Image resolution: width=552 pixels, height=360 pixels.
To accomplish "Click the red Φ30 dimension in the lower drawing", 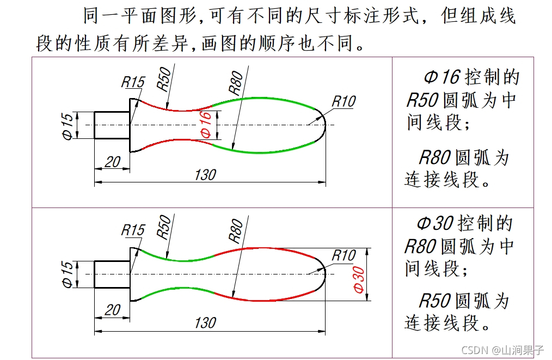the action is (x=359, y=279).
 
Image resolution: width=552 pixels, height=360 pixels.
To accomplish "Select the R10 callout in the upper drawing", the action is (x=344, y=101).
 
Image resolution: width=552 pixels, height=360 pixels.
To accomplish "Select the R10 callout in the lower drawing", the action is (x=344, y=255).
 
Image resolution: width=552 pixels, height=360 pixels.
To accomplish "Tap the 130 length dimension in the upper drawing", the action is (x=205, y=175).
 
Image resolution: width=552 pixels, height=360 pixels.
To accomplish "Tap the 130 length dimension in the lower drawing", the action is (x=205, y=322).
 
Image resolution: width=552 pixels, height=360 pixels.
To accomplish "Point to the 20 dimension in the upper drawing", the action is (x=112, y=162).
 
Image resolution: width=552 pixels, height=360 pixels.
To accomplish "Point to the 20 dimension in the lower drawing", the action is (x=112, y=310).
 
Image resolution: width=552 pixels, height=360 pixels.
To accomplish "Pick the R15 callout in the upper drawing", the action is (x=133, y=82).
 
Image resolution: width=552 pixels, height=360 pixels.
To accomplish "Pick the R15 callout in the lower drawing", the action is (x=133, y=230).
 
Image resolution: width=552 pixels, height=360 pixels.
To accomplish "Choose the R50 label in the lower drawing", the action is (x=164, y=227).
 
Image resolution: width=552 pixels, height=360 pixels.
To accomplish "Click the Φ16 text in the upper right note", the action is (x=441, y=77).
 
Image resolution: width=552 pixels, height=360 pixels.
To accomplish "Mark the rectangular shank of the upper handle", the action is (x=112, y=125).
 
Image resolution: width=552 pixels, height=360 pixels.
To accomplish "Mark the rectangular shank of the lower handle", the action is (x=112, y=274).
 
